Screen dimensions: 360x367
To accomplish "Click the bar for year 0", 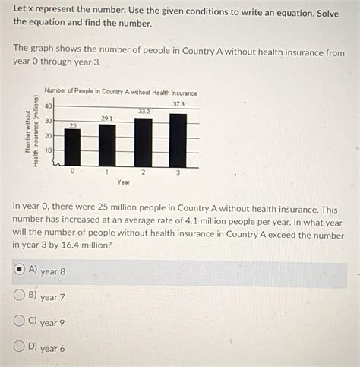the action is pos(72,147).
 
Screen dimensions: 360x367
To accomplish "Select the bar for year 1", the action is pos(107,145).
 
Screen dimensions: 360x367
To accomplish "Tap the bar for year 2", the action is pos(143,142).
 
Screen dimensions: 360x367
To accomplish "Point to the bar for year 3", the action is pos(178,140).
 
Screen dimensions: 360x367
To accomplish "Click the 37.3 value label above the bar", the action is pos(178,103).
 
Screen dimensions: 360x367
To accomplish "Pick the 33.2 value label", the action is pos(144,111).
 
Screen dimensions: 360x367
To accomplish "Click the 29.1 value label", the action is pos(107,118).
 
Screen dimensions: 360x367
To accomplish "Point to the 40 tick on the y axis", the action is pos(49,106).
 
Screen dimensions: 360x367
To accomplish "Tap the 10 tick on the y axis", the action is pos(49,150).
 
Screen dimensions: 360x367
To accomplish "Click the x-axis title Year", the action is pos(124,182).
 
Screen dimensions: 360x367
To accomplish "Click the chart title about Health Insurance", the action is pos(121,93).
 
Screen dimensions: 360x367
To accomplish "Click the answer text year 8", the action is pos(52,271).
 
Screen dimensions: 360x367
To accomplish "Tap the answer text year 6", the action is pos(52,349).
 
